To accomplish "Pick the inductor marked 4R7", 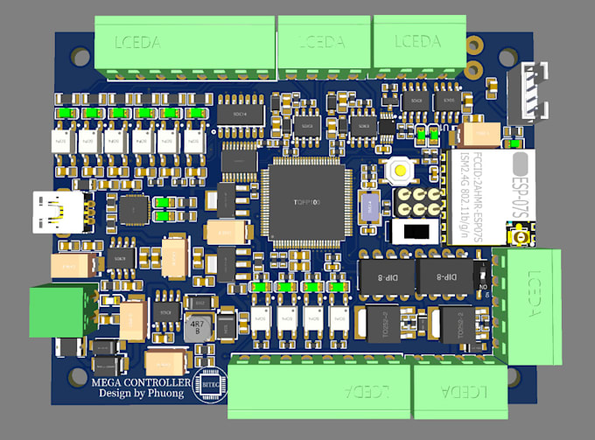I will (x=197, y=327).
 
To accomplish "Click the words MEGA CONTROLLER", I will (x=140, y=382).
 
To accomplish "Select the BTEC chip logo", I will (x=212, y=383).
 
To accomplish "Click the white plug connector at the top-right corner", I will (x=534, y=92).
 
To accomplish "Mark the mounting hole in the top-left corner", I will (x=79, y=57).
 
